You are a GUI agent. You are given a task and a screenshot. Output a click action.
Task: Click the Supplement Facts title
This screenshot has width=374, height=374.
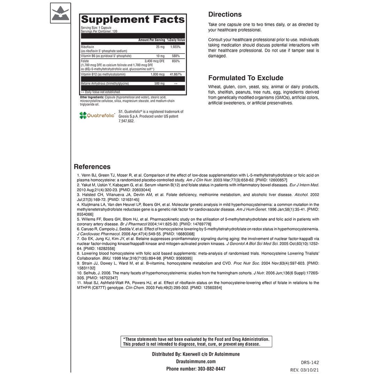point(133,20)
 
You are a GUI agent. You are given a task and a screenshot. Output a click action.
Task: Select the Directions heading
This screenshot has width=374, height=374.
point(225,14)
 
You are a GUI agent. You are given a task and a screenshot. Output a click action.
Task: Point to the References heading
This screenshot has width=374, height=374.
point(92,167)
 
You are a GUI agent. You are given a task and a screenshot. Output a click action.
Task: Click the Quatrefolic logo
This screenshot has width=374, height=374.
point(97,115)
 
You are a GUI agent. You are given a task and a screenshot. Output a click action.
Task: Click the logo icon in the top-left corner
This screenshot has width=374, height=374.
point(60,13)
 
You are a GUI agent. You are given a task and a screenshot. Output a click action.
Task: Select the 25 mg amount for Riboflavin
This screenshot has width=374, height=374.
point(160,47)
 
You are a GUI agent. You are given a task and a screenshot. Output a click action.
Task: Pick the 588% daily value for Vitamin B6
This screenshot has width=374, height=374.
point(175,56)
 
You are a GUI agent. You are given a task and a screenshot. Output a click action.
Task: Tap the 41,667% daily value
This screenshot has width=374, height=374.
point(175,74)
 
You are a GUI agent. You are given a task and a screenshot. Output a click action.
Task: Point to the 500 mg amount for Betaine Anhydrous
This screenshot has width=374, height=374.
point(159,83)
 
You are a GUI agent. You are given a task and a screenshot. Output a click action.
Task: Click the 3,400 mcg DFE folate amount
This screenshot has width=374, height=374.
point(155,61)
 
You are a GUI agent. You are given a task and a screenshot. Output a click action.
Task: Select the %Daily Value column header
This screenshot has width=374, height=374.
point(176,40)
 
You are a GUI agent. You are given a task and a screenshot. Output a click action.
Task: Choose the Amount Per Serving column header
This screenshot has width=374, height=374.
point(151,40)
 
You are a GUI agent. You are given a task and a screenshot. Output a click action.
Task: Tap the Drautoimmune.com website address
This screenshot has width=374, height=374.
point(196,361)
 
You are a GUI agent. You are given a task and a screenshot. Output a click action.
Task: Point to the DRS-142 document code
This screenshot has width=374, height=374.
point(310,362)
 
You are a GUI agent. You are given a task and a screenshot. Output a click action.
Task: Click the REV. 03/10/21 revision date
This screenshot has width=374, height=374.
point(305,369)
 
